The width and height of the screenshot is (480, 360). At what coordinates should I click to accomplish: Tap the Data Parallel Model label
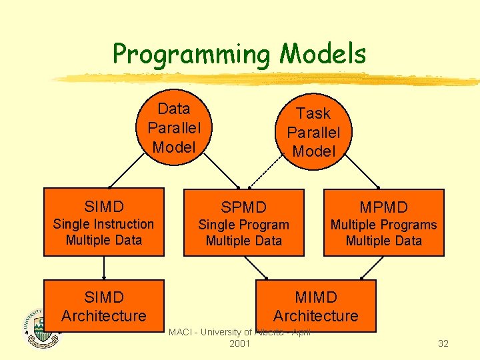pyautogui.click(x=174, y=128)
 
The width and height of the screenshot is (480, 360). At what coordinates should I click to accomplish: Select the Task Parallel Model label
pyautogui.click(x=313, y=133)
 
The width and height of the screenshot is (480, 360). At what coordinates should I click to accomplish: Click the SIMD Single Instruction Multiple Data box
pyautogui.click(x=104, y=222)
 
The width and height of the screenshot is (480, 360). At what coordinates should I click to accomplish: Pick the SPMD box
pyautogui.click(x=244, y=223)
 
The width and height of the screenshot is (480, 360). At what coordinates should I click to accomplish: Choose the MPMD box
pyautogui.click(x=383, y=223)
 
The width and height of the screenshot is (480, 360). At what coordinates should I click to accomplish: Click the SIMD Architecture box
pyautogui.click(x=104, y=306)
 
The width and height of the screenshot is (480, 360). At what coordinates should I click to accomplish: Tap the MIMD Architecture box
pyautogui.click(x=316, y=306)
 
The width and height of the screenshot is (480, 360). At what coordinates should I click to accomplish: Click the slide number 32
pyautogui.click(x=443, y=343)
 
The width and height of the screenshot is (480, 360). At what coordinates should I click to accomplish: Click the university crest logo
pyautogui.click(x=41, y=328)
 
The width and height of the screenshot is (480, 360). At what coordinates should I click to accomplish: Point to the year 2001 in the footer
pyautogui.click(x=239, y=343)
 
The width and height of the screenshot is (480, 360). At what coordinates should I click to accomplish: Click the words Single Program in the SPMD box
pyautogui.click(x=244, y=225)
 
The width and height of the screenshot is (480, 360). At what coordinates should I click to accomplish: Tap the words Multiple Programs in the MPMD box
pyautogui.click(x=383, y=225)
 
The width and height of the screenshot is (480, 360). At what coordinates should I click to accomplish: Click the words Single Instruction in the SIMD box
pyautogui.click(x=104, y=224)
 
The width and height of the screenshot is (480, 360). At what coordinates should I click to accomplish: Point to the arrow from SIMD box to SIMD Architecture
pyautogui.click(x=104, y=268)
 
